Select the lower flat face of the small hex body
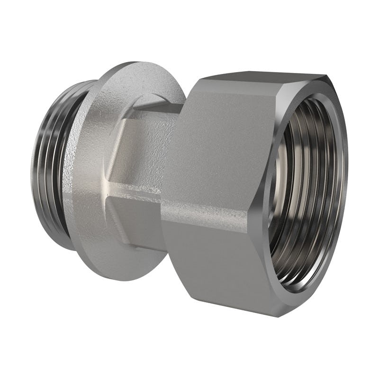coord(137,223)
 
